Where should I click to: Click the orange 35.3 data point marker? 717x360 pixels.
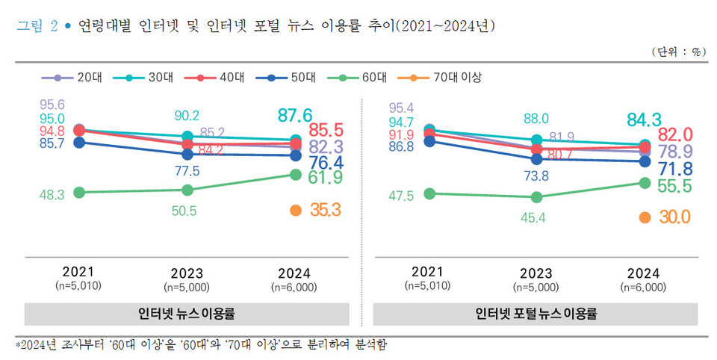tap(295, 211)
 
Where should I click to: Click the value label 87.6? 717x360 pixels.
tap(295, 115)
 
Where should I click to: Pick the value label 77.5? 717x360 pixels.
tap(187, 171)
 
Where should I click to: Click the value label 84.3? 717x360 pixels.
tap(645, 120)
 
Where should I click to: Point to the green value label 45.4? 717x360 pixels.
tap(536, 217)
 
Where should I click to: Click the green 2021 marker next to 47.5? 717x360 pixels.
tap(429, 193)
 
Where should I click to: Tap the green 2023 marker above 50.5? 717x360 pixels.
tap(187, 190)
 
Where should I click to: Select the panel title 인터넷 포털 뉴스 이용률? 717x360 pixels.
tap(536, 313)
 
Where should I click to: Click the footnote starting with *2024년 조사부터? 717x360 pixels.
tap(202, 345)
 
